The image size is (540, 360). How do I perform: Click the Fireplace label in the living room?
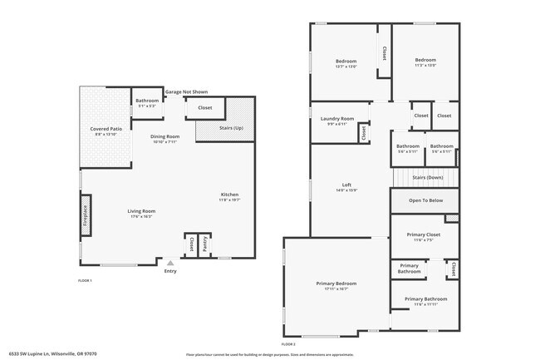point(86,215)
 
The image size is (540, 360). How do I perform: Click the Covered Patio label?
point(106,130)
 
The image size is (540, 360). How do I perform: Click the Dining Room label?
point(165,136)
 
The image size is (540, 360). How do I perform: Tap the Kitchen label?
point(229,195)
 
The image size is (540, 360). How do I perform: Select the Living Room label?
point(141,211)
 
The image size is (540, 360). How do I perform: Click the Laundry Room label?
point(337,119)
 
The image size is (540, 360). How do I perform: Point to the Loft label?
point(347,185)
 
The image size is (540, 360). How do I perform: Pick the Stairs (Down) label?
point(427,178)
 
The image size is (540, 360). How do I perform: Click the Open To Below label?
point(425,200)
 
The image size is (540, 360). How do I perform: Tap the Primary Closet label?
point(424,234)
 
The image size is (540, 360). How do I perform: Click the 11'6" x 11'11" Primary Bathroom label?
point(425,298)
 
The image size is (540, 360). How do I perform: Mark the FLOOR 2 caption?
point(288,343)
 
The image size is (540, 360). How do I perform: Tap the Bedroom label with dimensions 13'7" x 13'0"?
point(346,61)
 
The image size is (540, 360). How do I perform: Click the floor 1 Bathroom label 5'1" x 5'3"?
point(147,101)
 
